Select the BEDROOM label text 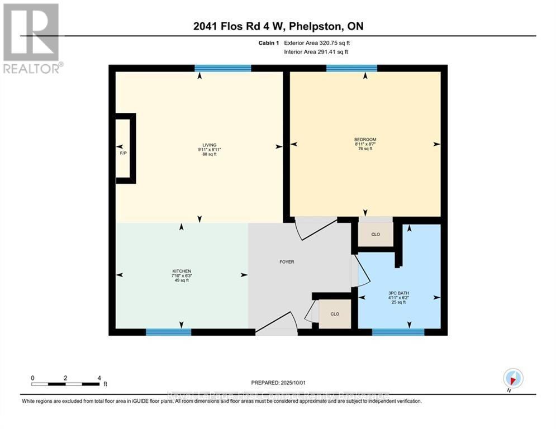pyautogui.click(x=365, y=140)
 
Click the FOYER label pyautogui.click(x=287, y=261)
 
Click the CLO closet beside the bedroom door pyautogui.click(x=376, y=235)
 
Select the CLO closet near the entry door pyautogui.click(x=335, y=314)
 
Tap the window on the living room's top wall pyautogui.click(x=222, y=69)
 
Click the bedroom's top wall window pyautogui.click(x=351, y=69)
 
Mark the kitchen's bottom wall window pyautogui.click(x=168, y=332)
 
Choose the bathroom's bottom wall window pyautogui.click(x=398, y=332)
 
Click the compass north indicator pyautogui.click(x=512, y=379)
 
